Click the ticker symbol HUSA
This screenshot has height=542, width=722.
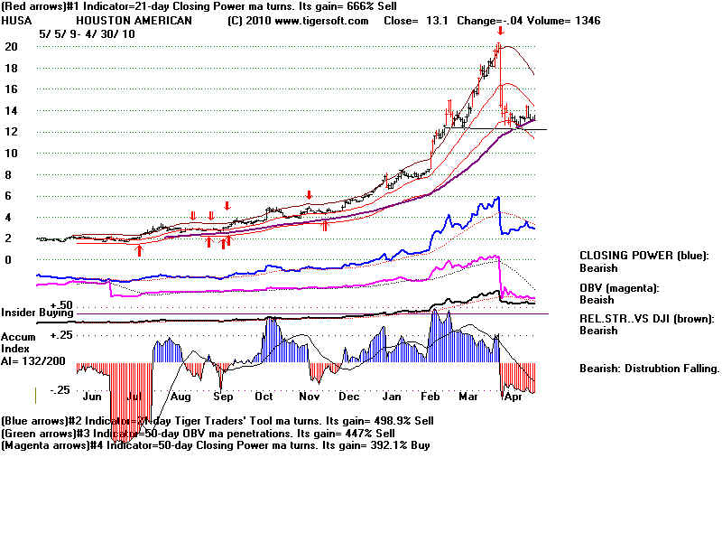click(x=16, y=21)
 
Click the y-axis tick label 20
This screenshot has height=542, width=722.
click(x=11, y=46)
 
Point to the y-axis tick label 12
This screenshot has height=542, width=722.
click(x=11, y=132)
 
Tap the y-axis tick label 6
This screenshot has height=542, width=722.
click(x=7, y=196)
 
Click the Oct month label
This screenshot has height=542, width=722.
click(x=264, y=396)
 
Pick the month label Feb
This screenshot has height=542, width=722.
click(x=434, y=396)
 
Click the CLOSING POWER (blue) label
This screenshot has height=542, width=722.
click(x=643, y=256)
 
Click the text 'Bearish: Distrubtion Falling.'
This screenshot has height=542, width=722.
click(x=649, y=369)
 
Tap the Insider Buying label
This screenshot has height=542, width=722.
click(x=37, y=313)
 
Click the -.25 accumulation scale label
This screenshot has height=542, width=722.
click(x=60, y=390)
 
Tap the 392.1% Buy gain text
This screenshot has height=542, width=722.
click(x=402, y=444)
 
